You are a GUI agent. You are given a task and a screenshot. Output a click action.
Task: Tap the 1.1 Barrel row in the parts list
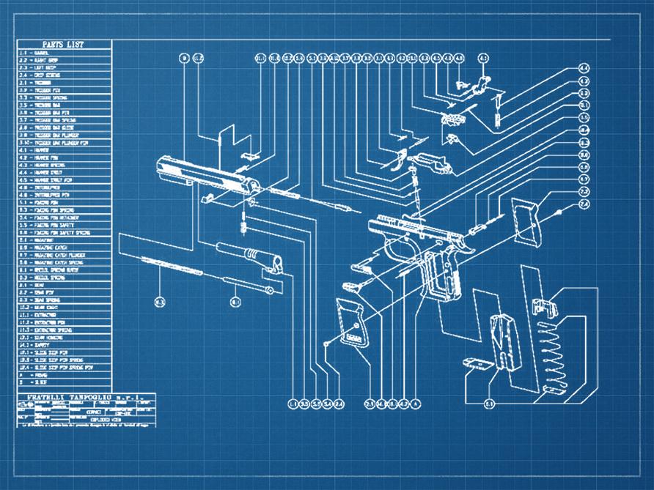point(44,53)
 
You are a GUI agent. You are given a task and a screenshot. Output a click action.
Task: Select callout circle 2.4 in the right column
point(584,202)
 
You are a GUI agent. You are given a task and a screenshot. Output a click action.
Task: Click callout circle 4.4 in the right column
point(584,68)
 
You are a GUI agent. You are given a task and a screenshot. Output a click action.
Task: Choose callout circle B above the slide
point(184,57)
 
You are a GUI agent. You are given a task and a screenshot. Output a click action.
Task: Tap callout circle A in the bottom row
point(415,403)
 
